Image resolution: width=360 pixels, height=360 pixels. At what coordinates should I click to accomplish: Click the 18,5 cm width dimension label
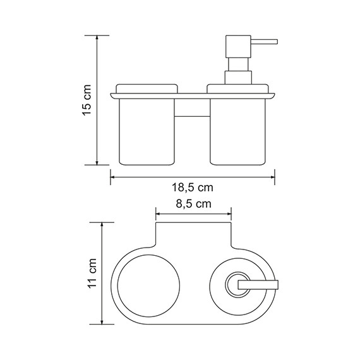coord(193,188)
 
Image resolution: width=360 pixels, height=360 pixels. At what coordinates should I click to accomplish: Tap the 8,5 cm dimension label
coord(193,203)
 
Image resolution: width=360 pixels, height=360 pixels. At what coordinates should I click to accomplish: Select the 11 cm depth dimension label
coord(93,272)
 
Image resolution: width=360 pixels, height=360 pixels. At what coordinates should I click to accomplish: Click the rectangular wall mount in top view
coord(193,234)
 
